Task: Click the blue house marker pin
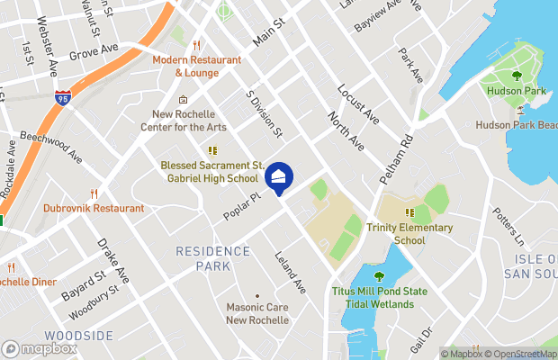pyautogui.click(x=278, y=177)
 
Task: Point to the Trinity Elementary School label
pyautogui.click(x=409, y=234)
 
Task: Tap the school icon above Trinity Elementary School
pyautogui.click(x=409, y=213)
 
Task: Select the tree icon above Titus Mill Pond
pyautogui.click(x=378, y=275)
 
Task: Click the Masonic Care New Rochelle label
pyautogui.click(x=256, y=313)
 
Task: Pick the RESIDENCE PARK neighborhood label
pyautogui.click(x=214, y=258)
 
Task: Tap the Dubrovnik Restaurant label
pyautogui.click(x=94, y=208)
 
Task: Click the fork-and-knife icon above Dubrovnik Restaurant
pyautogui.click(x=94, y=193)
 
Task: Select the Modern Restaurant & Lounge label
pyautogui.click(x=196, y=66)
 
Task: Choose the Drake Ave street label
pyautogui.click(x=114, y=260)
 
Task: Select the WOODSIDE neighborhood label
pyautogui.click(x=79, y=336)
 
